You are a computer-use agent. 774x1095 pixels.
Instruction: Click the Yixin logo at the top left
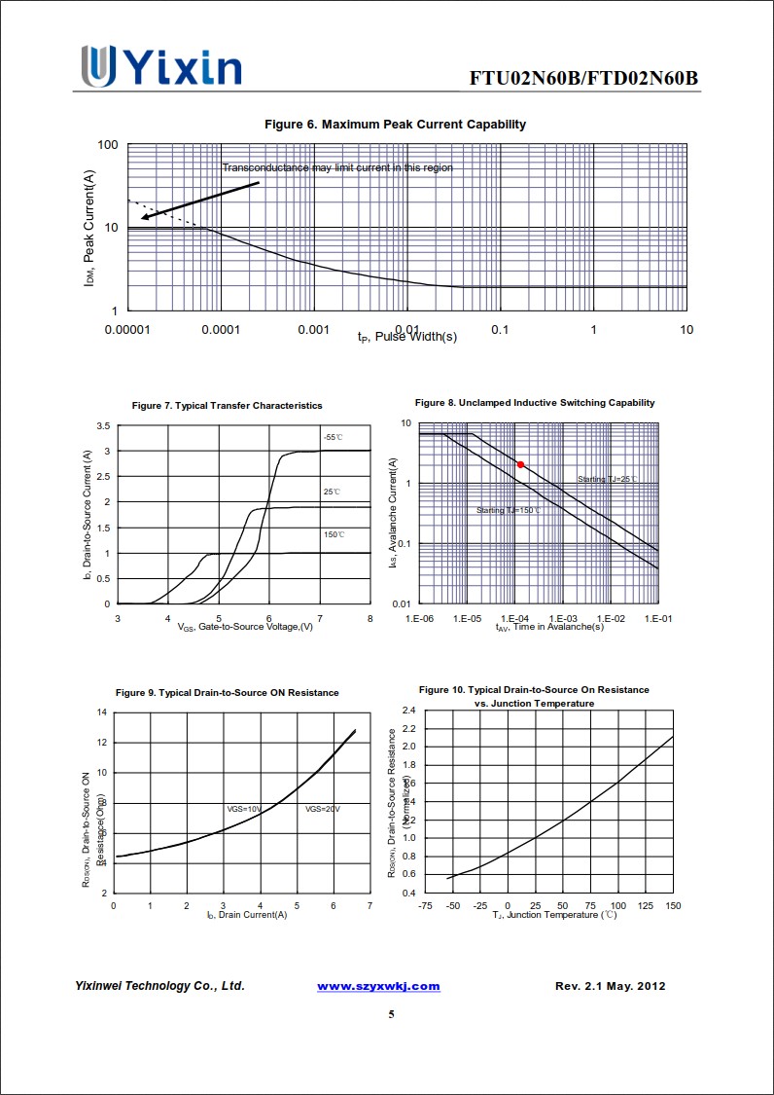[161, 66]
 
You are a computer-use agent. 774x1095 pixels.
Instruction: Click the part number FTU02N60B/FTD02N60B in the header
[583, 78]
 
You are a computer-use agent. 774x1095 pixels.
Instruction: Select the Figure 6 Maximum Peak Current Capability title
[395, 124]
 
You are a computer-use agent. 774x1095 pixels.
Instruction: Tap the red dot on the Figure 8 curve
[520, 465]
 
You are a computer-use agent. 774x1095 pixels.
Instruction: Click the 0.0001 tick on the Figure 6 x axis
[221, 330]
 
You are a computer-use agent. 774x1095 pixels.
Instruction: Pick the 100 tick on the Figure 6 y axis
[108, 145]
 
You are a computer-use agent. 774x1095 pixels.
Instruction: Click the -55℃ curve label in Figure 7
[333, 438]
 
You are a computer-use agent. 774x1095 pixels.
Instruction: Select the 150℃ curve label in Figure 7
[334, 534]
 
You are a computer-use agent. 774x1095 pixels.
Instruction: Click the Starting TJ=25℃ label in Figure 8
[608, 479]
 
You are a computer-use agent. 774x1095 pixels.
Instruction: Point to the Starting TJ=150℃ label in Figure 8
[508, 510]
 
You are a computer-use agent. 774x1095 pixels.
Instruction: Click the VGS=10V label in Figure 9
[244, 809]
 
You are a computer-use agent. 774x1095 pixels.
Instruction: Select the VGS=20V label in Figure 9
[323, 809]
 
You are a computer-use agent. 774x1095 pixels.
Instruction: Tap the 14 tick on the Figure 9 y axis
[102, 712]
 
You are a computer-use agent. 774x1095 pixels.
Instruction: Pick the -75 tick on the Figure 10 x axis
[425, 905]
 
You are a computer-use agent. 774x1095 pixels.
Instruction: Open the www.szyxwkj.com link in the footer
[378, 986]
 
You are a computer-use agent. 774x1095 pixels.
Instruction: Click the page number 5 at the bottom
[391, 1014]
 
